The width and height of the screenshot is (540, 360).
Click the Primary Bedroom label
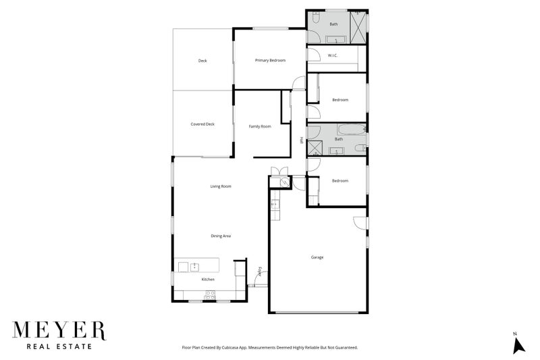pos(270,61)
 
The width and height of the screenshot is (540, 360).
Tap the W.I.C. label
pos(332,56)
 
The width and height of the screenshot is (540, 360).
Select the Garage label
pos(317,257)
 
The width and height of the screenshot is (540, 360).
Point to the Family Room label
pos(260,126)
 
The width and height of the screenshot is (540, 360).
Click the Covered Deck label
pos(202,124)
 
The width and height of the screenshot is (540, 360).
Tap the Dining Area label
pos(221,236)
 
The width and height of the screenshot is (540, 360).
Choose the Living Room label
pos(221,186)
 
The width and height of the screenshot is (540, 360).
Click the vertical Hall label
pos(301,140)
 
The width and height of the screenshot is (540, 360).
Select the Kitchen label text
pos(208,279)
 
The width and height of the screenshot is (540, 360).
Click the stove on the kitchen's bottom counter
pos(209,294)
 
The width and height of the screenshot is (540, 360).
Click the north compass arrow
pos(518,344)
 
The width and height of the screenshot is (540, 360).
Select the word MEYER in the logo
pos(60,331)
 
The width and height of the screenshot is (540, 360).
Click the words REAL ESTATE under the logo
pos(59,348)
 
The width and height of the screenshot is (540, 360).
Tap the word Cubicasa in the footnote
pos(246,347)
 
